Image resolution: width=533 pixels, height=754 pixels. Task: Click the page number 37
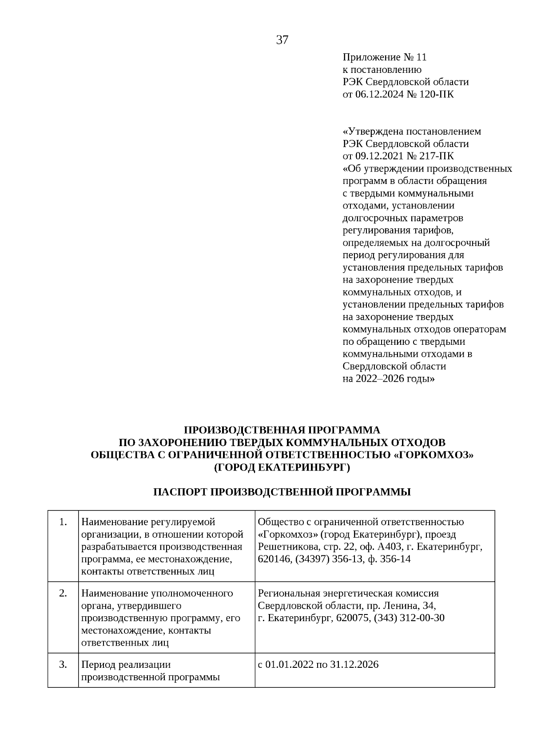tap(282, 40)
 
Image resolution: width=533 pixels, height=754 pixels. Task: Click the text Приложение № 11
tap(384, 57)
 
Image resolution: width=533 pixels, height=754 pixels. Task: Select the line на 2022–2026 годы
tap(389, 379)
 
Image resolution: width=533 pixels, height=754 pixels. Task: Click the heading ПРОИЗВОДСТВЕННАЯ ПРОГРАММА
tap(282, 430)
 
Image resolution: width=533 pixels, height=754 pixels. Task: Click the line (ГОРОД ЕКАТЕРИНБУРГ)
tap(282, 467)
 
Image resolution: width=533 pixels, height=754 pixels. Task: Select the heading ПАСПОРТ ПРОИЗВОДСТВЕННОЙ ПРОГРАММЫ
tap(282, 492)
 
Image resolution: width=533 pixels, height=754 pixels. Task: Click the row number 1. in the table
tap(63, 522)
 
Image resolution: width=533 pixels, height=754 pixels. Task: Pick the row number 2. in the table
tap(63, 594)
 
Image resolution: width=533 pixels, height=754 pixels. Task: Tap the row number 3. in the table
tap(63, 665)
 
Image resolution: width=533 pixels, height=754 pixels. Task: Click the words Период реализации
tap(126, 665)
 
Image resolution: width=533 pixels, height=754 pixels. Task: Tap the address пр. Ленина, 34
tap(405, 606)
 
